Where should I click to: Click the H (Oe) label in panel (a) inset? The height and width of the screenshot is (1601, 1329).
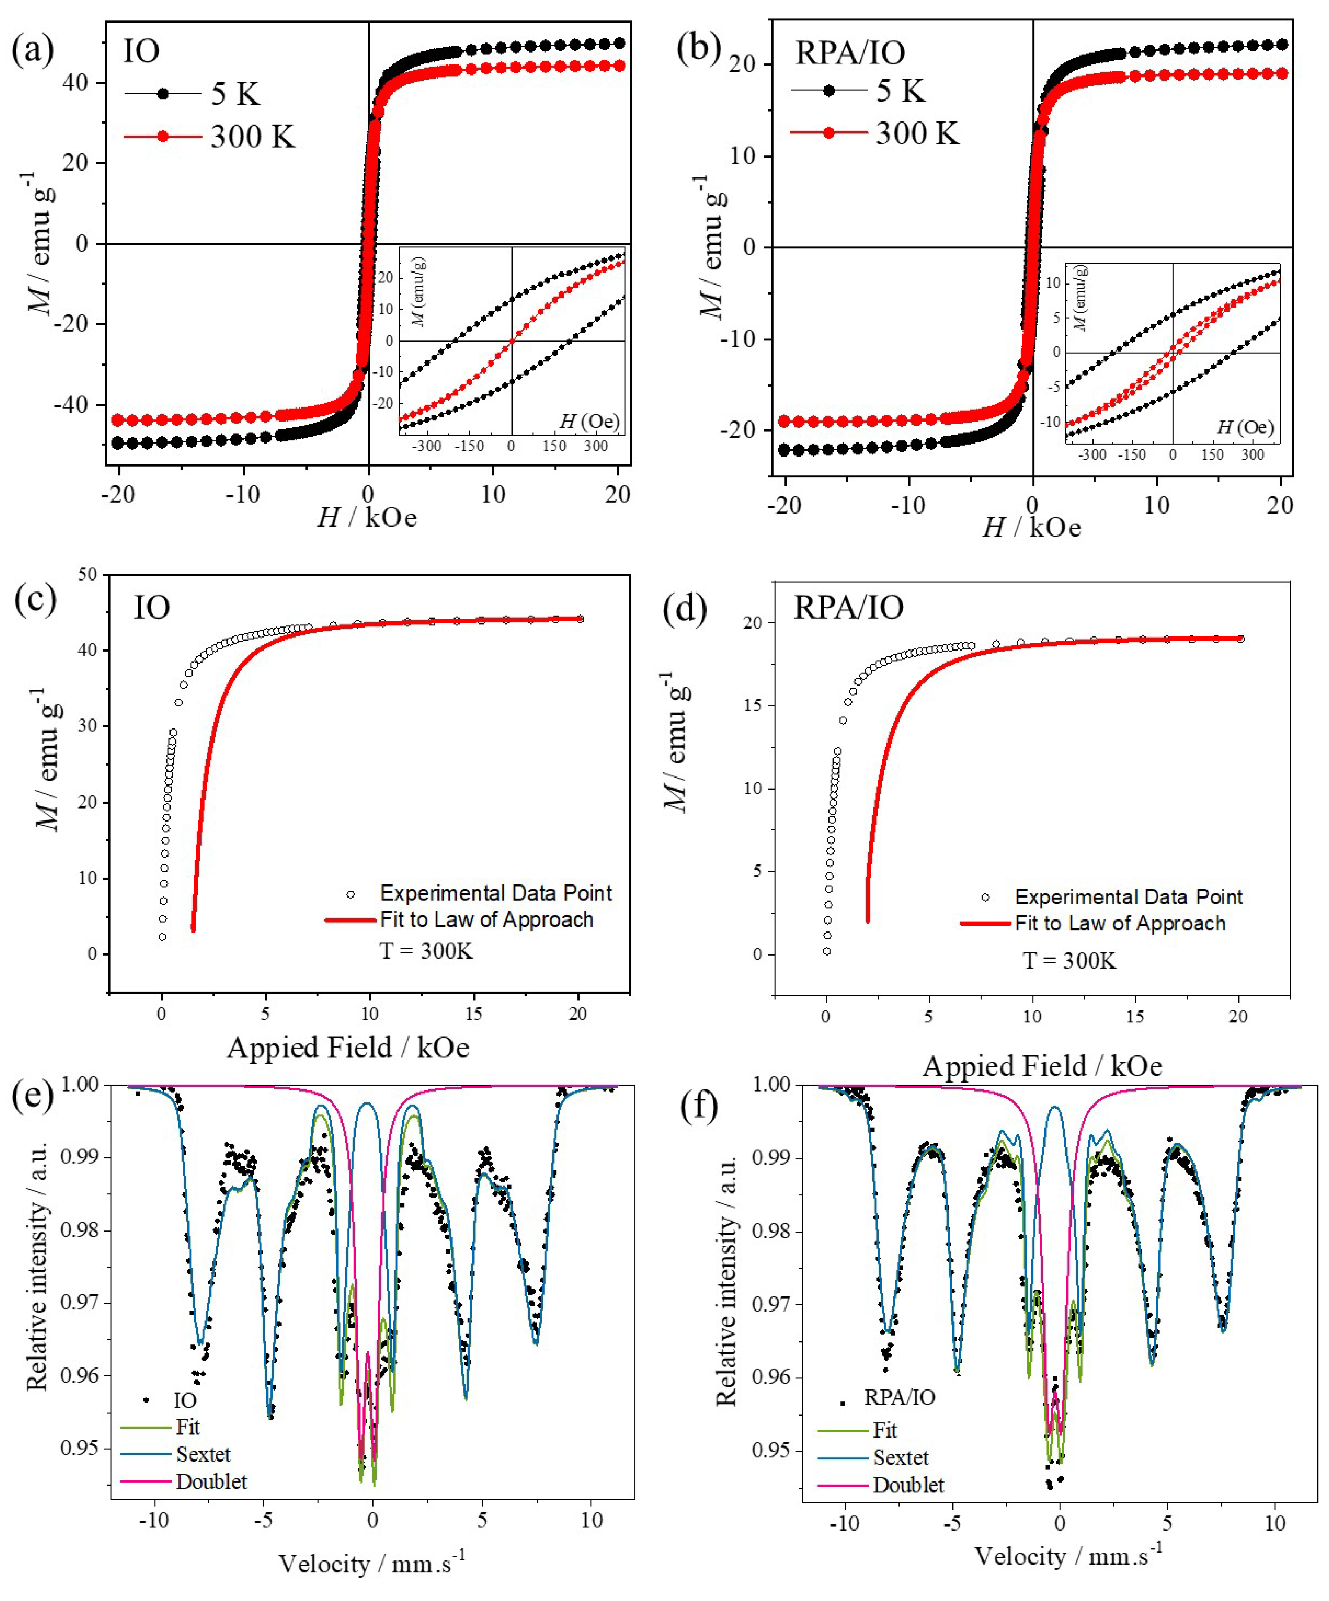pyautogui.click(x=589, y=421)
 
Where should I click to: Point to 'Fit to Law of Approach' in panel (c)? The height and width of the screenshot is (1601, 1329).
pyautogui.click(x=486, y=919)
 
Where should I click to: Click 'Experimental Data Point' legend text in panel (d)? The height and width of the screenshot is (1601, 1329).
pyautogui.click(x=1129, y=896)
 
